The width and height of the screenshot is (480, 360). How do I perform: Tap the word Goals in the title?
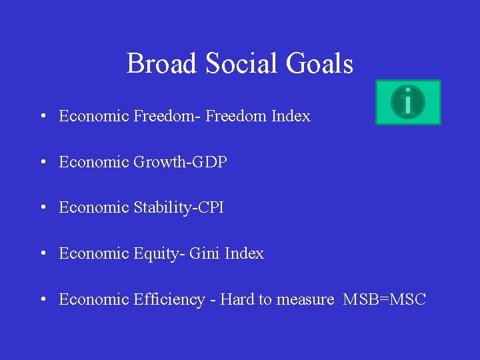coord(319,64)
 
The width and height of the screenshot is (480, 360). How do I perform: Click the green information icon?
coord(408,102)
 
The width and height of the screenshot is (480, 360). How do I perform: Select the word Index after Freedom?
coord(291,116)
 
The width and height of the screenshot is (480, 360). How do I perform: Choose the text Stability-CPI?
coord(179,207)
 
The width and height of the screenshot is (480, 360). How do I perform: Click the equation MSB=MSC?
coord(384,299)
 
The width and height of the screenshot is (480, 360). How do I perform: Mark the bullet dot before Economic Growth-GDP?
coord(42,163)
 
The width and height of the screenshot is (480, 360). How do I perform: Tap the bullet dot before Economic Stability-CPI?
coord(42,208)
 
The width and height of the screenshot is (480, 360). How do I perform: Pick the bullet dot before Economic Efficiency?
coord(42,300)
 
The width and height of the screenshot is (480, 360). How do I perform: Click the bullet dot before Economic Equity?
coord(42,254)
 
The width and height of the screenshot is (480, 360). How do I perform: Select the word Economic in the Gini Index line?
coord(94,253)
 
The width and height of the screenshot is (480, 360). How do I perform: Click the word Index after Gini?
coord(245,253)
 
